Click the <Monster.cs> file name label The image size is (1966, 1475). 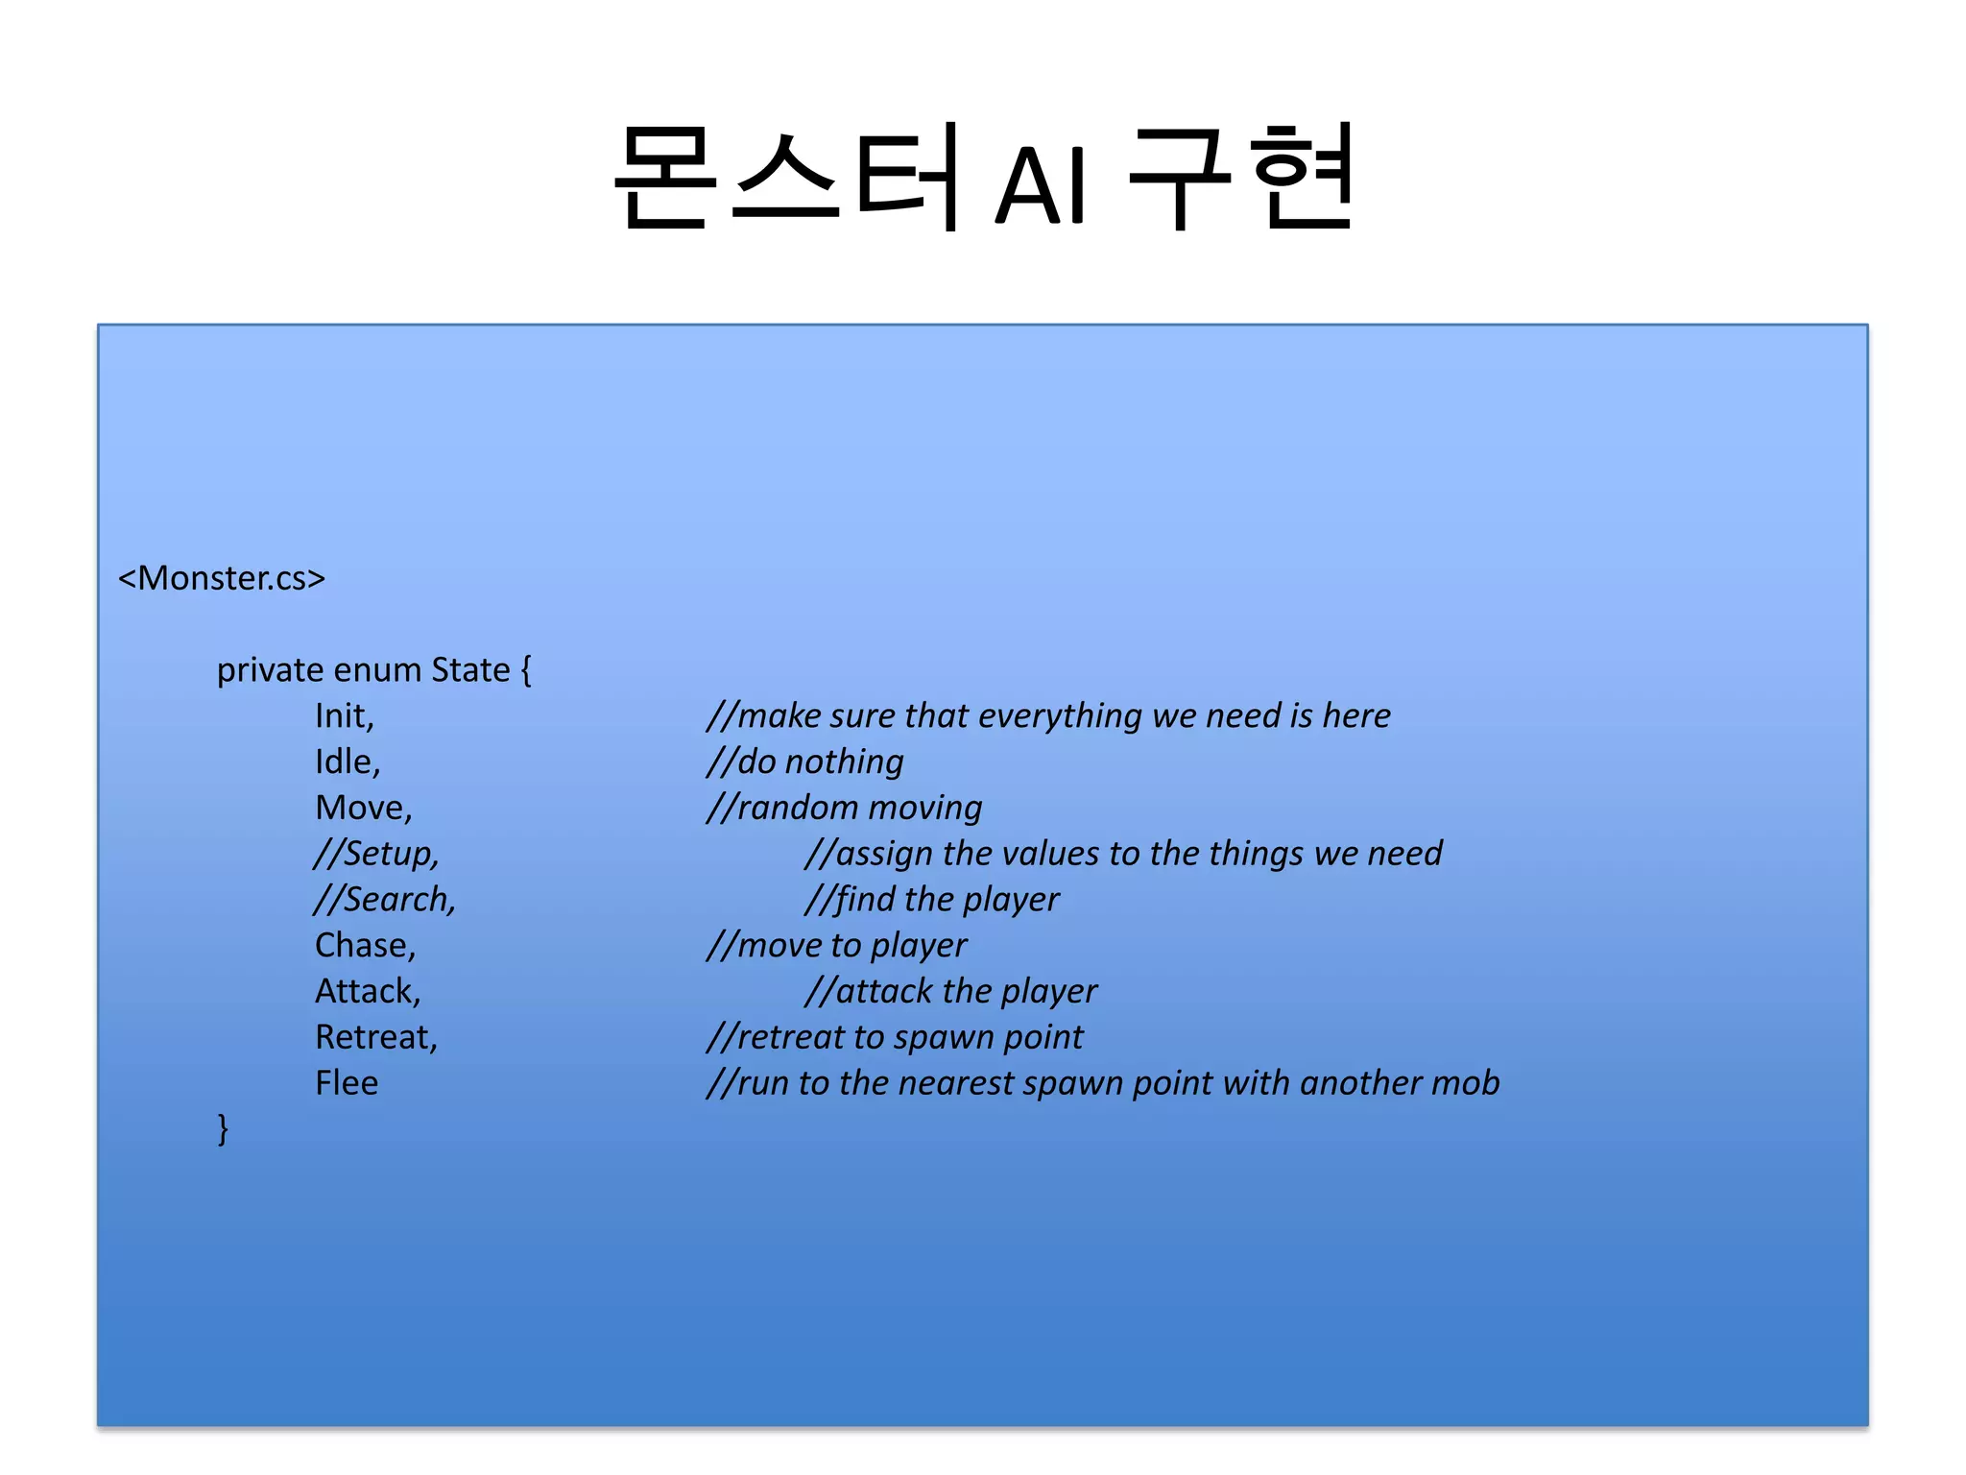pos(222,578)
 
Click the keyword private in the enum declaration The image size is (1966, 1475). pos(270,670)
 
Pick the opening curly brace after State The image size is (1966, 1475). pos(526,670)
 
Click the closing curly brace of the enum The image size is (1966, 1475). pos(223,1128)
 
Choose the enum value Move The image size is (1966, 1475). pos(363,809)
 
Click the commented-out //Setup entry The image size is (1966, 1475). pos(376,854)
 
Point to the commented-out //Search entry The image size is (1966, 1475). pos(385,900)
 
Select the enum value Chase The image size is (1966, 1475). pos(365,946)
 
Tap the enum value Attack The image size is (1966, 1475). pos(368,992)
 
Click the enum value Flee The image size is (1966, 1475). pos(347,1084)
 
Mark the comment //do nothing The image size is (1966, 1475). pos(805,762)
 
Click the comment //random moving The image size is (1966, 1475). pos(845,809)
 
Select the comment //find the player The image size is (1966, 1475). pos(932,900)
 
